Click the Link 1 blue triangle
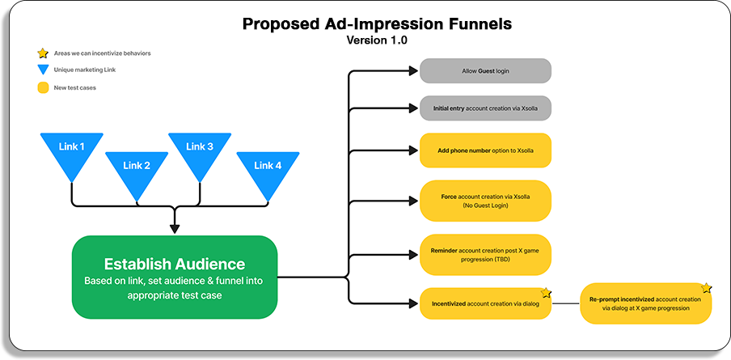[71, 154]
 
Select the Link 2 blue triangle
[137, 172]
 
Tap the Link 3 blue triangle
[200, 154]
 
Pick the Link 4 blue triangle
[268, 172]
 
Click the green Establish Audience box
[175, 277]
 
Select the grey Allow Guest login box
[485, 70]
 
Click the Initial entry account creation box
[485, 108]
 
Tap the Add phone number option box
[485, 150]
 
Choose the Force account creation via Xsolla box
[485, 201]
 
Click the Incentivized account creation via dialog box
[485, 303]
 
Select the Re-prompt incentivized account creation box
[644, 303]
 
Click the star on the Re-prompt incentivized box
[705, 288]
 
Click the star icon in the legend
[42, 53]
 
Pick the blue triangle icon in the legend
[42, 70]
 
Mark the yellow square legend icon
[42, 87]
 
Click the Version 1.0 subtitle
[378, 40]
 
